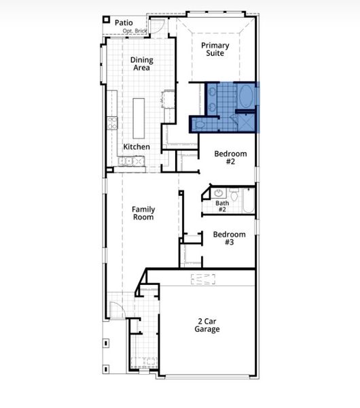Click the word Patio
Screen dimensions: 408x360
[x=124, y=22]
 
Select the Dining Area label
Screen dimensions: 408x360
[x=142, y=64]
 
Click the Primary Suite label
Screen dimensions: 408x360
[x=215, y=50]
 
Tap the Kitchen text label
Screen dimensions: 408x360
[x=136, y=147]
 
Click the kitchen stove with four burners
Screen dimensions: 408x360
[x=112, y=123]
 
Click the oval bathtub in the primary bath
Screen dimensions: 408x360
[x=245, y=97]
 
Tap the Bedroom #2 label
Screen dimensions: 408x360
[x=230, y=158]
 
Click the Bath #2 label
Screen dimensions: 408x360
[x=222, y=206]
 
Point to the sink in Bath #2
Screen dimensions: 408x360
[x=219, y=193]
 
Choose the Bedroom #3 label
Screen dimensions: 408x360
[x=228, y=239]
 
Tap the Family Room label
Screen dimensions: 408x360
[x=143, y=213]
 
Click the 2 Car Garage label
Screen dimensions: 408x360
[x=208, y=325]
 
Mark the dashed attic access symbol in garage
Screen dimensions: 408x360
[x=202, y=279]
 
